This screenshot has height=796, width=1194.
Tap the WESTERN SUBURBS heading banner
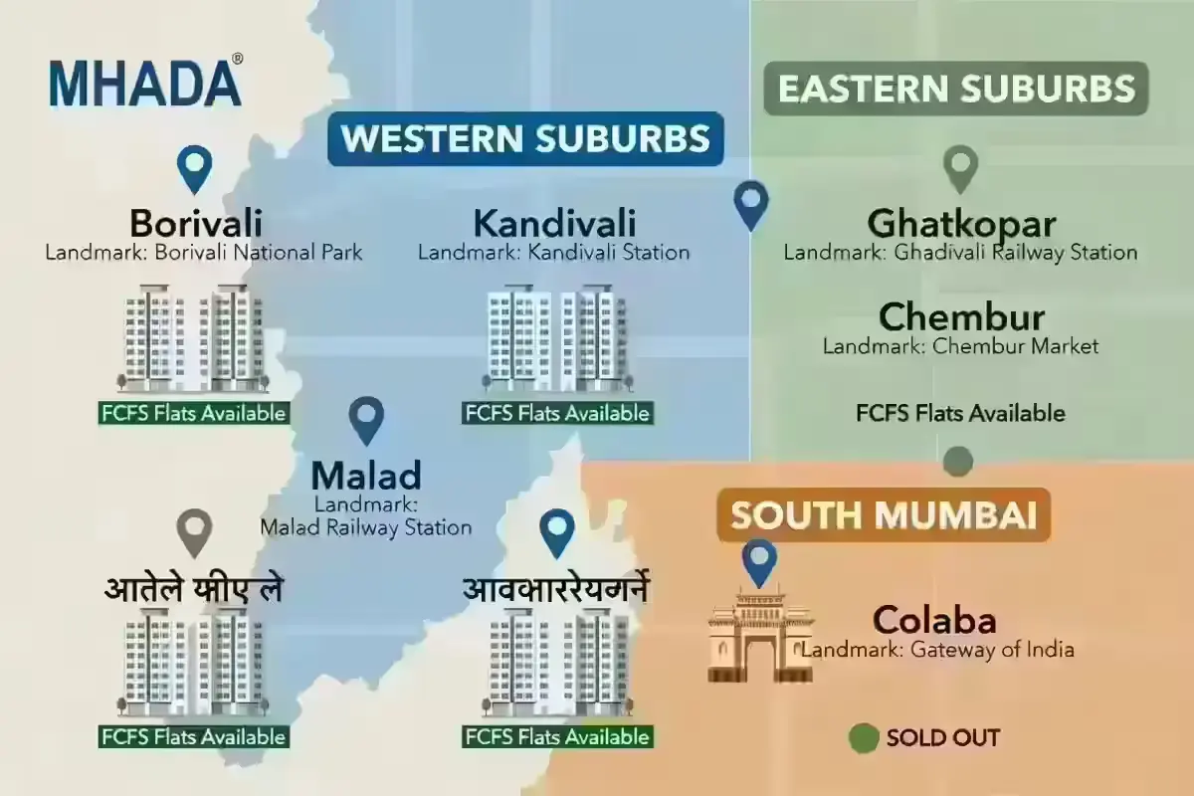525,138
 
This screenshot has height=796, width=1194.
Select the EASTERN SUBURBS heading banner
956,89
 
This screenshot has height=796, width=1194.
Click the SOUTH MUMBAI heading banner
884,514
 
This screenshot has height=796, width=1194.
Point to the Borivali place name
195,223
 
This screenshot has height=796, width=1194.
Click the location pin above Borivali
194,169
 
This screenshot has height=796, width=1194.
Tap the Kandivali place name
554,223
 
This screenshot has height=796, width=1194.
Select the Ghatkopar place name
961,223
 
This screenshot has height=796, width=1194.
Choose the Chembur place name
961,317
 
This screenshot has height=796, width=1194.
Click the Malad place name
366,475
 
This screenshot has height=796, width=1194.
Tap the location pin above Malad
368,420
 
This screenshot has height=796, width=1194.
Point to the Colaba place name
934,621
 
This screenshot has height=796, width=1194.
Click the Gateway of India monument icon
760,636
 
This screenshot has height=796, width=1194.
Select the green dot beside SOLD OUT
864,738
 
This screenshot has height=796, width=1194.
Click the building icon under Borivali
194,339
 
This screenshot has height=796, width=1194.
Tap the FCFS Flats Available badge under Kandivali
557,413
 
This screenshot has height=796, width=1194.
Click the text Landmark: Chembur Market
960,347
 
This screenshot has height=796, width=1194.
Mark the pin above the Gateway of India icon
760,562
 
